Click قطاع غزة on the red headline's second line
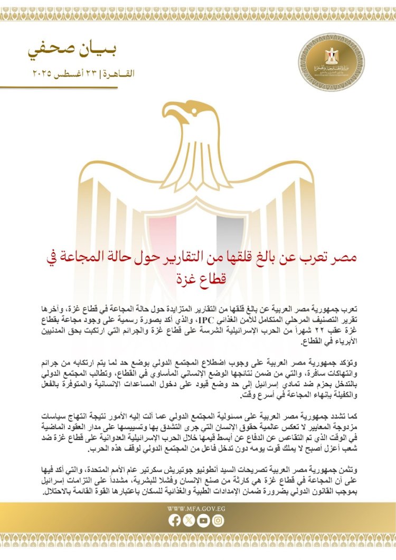click(197, 277)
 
